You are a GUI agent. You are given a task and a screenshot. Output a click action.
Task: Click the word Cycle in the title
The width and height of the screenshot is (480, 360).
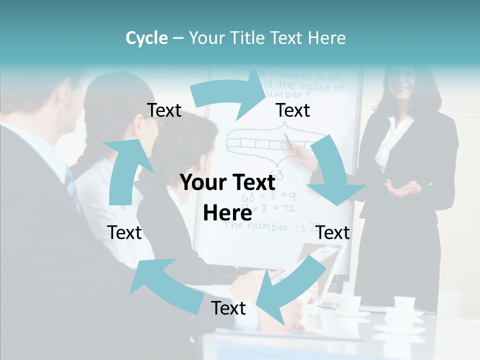[x=146, y=38]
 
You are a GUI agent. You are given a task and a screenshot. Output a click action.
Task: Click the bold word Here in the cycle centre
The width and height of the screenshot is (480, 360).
[x=227, y=213]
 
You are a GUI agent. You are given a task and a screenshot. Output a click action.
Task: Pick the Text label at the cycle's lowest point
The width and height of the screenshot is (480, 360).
[x=228, y=308]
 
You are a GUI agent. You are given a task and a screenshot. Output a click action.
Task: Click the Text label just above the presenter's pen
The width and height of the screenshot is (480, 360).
[x=293, y=110]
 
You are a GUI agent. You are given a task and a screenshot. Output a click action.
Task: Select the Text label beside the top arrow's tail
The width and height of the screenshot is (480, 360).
[x=164, y=110]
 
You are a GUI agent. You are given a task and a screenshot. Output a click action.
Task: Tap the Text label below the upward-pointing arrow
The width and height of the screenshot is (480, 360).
[x=124, y=232]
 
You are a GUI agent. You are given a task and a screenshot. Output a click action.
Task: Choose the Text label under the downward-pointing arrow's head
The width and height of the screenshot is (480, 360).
[x=333, y=232]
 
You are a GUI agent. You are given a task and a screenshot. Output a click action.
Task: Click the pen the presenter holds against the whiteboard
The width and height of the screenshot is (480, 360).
[x=290, y=141]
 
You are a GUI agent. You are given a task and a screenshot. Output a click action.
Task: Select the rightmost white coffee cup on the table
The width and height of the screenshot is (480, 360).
[x=404, y=302]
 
